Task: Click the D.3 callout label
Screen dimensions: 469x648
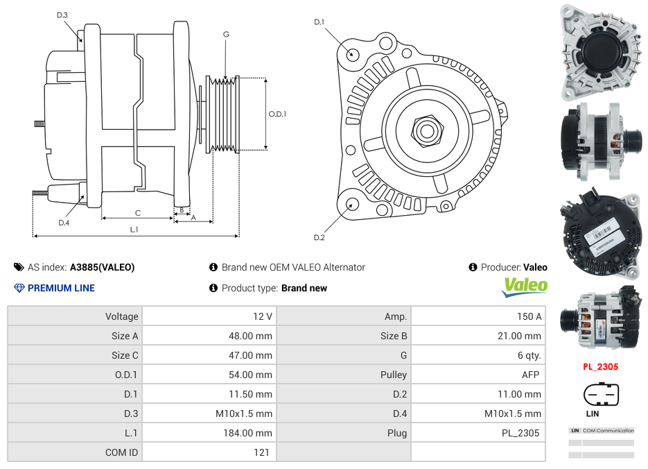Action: tap(62, 15)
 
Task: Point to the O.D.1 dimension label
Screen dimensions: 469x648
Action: tap(277, 114)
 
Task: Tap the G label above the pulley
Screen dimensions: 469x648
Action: tap(226, 34)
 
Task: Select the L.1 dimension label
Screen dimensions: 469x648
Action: tap(134, 229)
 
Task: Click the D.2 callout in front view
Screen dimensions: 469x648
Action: tap(319, 237)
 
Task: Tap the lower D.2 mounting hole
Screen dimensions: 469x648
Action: tap(351, 203)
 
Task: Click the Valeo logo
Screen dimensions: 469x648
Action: tap(525, 286)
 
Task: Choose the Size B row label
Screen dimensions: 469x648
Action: tap(389, 336)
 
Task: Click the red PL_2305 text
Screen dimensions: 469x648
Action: tap(599, 367)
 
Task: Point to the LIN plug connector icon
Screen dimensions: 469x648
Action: tap(600, 395)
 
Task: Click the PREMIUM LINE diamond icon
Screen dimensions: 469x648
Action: tap(19, 288)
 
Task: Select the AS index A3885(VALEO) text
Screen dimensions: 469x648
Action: tap(102, 267)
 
